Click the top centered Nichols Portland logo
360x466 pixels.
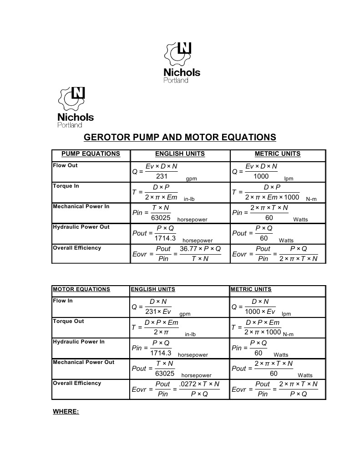tap(181, 62)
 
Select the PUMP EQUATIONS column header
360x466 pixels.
tap(91, 154)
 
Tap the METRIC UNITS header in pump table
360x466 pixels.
tap(278, 154)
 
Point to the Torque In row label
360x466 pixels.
tap(66, 186)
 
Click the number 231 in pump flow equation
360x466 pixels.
tap(162, 176)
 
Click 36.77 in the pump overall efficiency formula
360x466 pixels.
tap(188, 249)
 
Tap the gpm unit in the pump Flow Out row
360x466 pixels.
tap(191, 179)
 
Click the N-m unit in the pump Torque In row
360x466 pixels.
tap(311, 199)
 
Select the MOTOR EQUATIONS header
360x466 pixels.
tap(81, 289)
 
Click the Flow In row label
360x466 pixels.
tap(63, 301)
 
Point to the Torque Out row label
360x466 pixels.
tap(68, 321)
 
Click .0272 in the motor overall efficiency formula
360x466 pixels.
tap(188, 384)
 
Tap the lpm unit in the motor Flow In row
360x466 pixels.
tap(286, 314)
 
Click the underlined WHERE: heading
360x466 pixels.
tap(66, 411)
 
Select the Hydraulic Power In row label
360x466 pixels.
tap(79, 342)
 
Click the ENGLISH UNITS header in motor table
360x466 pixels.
tap(153, 289)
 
